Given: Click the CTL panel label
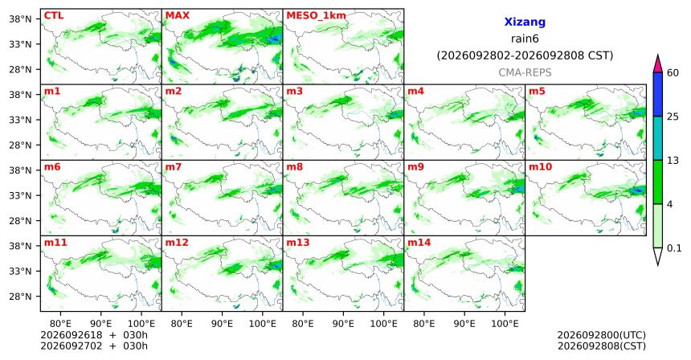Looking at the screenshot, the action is [54, 15].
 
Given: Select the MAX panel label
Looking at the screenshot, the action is [177, 15].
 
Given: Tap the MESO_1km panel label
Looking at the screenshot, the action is [316, 16].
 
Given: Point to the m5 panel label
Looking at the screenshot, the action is [537, 92].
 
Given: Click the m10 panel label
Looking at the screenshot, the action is [540, 167].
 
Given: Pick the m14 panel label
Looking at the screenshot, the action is [419, 243].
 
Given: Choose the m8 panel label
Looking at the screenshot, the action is [295, 167].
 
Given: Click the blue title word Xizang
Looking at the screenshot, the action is [525, 22].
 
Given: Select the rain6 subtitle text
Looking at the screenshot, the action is [525, 39].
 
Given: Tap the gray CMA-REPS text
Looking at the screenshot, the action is [525, 72].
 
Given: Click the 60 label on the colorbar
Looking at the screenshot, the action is [673, 72].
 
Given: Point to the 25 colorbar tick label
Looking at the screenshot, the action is [673, 117].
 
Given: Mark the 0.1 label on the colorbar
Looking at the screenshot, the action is [674, 248].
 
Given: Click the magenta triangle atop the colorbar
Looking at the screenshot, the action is [657, 64].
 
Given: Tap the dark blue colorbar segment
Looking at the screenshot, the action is [657, 94].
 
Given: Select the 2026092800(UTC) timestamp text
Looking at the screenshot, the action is [602, 335].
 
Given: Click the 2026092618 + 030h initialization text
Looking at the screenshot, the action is [94, 335].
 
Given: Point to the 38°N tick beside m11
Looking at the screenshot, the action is [20, 245].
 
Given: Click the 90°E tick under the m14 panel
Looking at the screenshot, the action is [464, 324].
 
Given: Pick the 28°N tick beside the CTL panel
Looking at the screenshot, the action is [20, 69].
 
